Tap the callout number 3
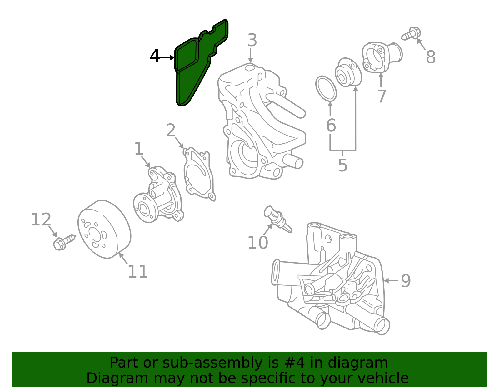pos(252,41)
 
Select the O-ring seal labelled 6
pos(326,88)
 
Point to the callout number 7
pos(381,96)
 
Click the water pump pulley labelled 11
pos(104,230)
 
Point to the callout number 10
pos(257,243)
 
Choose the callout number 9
pos(406,281)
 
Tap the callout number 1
pos(138,149)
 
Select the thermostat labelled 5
pos(348,72)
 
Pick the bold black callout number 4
pos(155,57)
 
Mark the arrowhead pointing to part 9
pos(386,281)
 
